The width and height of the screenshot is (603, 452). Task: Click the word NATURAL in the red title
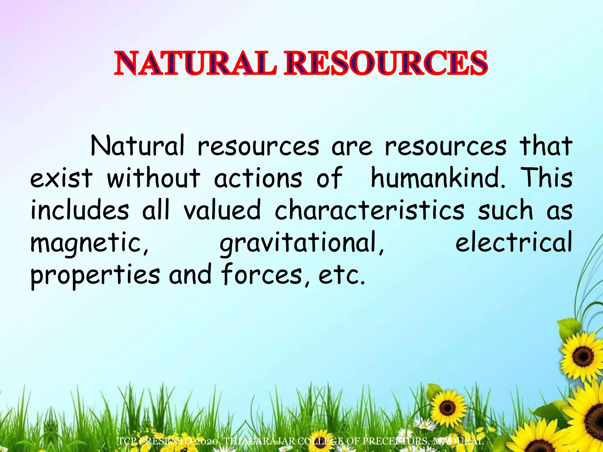196,63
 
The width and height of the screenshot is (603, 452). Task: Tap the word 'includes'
80,210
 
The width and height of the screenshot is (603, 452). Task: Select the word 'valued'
222,210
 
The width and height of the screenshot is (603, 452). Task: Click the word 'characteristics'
370,210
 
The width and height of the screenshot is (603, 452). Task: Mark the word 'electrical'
514,242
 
